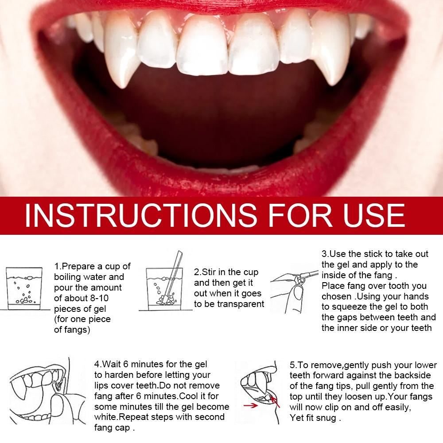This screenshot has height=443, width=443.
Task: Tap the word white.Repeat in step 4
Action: pyautogui.click(x=122, y=417)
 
